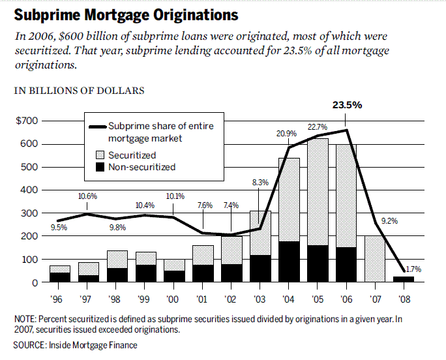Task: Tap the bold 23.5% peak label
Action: coord(346,104)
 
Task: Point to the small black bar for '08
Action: coord(403,279)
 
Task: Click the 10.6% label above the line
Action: coord(87,196)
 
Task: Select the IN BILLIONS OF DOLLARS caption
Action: coord(79,91)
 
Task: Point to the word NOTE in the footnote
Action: coord(25,318)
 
